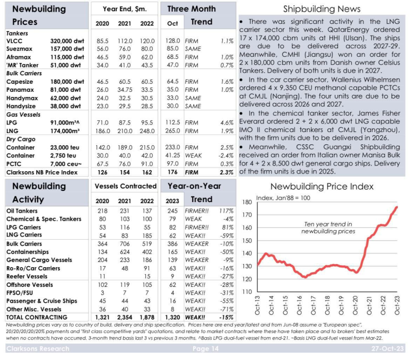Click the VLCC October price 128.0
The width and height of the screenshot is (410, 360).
(x=172, y=41)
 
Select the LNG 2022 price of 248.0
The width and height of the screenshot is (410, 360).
(x=147, y=131)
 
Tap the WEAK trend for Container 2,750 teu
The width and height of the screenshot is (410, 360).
(x=193, y=155)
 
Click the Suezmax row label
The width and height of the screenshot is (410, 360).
(x=19, y=49)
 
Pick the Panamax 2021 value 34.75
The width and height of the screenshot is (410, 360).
(x=125, y=90)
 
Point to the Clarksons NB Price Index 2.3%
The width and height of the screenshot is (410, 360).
(x=226, y=172)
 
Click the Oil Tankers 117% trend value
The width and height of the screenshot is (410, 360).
(x=226, y=210)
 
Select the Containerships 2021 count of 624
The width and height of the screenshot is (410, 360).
(x=125, y=252)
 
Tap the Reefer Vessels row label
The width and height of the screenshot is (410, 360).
(x=27, y=276)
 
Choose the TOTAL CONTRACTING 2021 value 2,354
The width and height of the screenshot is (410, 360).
(x=125, y=318)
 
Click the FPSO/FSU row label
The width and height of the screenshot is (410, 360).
(x=20, y=293)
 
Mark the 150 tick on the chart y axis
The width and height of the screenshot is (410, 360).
(x=247, y=241)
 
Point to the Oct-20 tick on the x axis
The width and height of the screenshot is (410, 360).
(x=355, y=305)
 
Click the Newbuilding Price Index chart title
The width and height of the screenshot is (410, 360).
(x=322, y=187)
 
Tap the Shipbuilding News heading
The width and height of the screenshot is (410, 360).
(x=322, y=9)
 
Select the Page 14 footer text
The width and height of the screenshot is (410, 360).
(x=205, y=348)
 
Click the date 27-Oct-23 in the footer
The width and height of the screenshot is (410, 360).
(x=388, y=348)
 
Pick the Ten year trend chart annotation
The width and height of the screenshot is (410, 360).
(x=328, y=227)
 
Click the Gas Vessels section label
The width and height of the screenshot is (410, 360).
(x=23, y=115)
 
